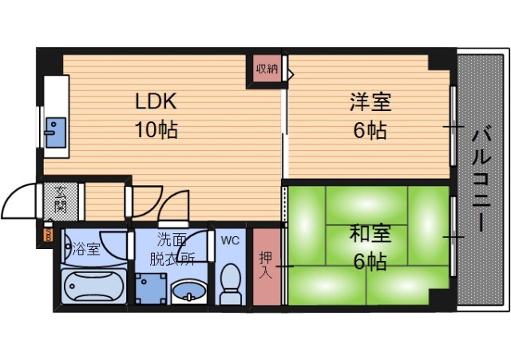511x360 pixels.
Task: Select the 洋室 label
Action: point(370,102)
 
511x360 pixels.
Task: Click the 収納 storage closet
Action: point(267,69)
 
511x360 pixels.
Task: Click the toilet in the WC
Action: point(229,283)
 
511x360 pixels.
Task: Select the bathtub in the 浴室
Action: point(93,286)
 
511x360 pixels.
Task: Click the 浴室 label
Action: point(86,248)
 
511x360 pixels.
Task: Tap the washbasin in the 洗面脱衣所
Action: point(189,291)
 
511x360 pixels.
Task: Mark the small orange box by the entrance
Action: point(46,235)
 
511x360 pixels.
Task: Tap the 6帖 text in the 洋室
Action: point(370,129)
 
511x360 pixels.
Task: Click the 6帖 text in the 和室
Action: point(370,260)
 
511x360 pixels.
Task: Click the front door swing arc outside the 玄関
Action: point(19,200)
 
